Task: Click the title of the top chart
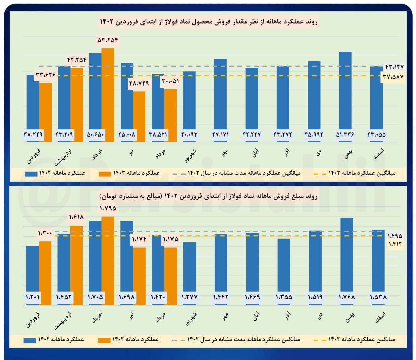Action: tap(208, 22)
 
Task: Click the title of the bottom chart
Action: tap(208, 196)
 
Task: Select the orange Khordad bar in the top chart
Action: tap(108, 94)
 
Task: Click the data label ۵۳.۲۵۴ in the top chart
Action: tap(108, 40)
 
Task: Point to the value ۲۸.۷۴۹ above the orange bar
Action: tap(139, 83)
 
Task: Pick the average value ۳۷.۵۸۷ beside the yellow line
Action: tap(393, 77)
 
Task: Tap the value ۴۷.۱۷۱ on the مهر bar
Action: tap(220, 134)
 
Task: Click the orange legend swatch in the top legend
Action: tap(105, 174)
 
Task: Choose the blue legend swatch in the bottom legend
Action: tap(30, 340)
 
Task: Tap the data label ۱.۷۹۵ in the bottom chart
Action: tap(108, 208)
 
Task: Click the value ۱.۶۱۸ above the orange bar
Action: tap(76, 217)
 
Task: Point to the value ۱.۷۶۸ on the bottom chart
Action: tap(347, 297)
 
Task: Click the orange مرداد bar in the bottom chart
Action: tap(170, 274)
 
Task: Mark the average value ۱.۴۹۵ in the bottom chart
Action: tap(395, 236)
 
